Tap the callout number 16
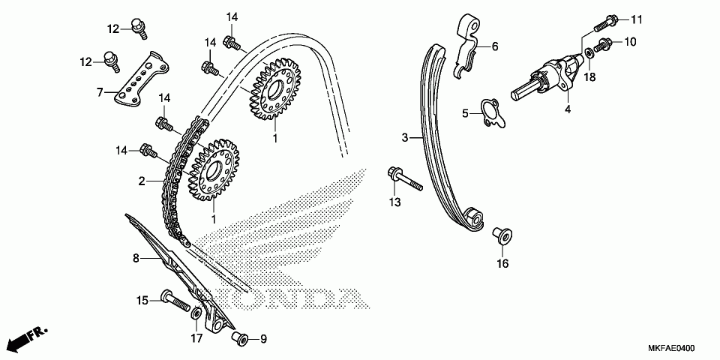click(x=502, y=263)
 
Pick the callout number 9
click(x=263, y=339)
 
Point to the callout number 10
click(x=630, y=42)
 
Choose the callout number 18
click(x=591, y=76)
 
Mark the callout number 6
click(x=495, y=46)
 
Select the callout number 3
click(x=405, y=137)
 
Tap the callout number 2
click(x=141, y=181)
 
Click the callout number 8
click(x=136, y=258)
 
